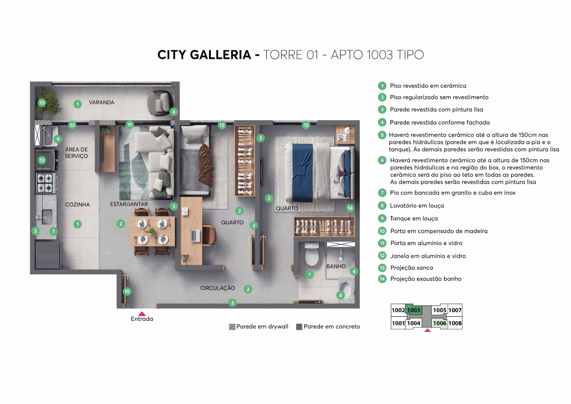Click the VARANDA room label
tap(101, 102)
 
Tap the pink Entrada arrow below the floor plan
tap(142, 314)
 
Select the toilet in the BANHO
tap(312, 254)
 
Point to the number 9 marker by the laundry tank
tap(58, 139)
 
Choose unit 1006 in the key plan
tap(439, 323)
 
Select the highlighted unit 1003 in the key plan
tap(413, 310)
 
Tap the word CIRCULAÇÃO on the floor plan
tap(217, 288)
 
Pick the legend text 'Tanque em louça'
tap(414, 219)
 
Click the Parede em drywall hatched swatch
tap(232, 327)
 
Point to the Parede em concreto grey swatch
tap(299, 327)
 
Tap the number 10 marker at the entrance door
tap(127, 292)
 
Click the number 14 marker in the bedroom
tap(350, 208)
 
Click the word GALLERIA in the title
tap(221, 55)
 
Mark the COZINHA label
tap(78, 205)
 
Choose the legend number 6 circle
tap(382, 160)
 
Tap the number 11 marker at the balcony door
tap(130, 125)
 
